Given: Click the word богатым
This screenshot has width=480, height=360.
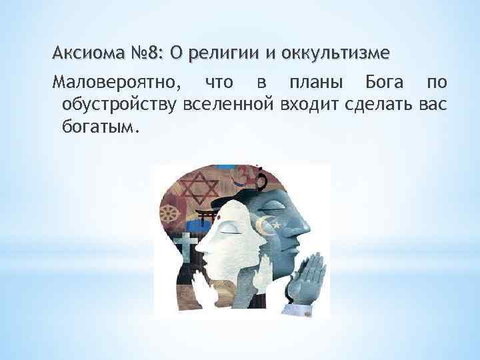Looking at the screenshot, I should [x=99, y=127].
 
